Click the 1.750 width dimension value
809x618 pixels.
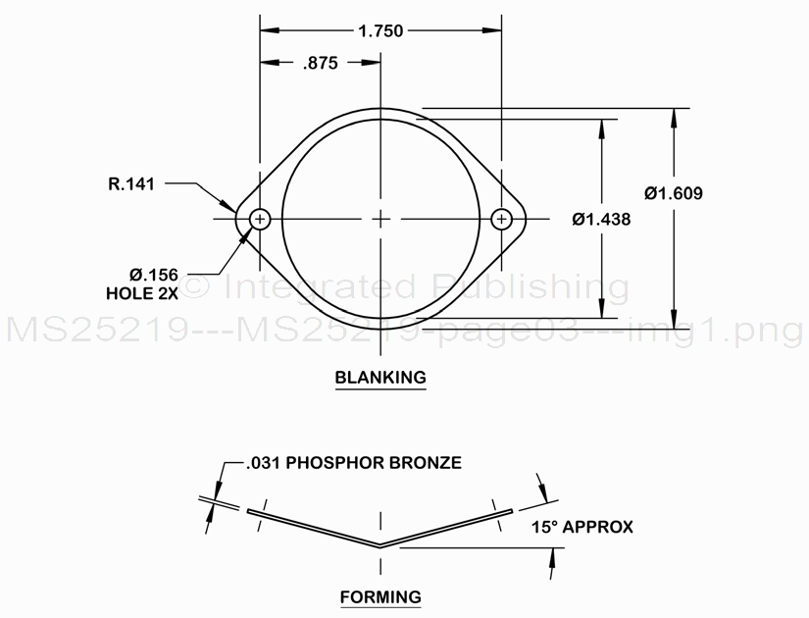pos(381,30)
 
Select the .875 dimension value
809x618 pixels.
pos(320,64)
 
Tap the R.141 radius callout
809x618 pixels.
pos(131,182)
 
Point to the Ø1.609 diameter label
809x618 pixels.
pos(674,193)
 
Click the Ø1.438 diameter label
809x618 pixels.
pos(601,220)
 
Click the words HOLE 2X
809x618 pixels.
pos(140,292)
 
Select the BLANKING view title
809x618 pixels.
pos(380,377)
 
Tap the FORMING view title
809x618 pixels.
pos(380,596)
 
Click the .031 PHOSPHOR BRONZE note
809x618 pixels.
pos(354,462)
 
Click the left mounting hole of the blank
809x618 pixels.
pos(260,219)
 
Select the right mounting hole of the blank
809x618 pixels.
pos(502,219)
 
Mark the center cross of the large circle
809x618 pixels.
pos(381,219)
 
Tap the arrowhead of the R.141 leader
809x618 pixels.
pos(236,208)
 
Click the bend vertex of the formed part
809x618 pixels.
pos(380,545)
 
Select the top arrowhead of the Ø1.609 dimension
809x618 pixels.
pos(674,114)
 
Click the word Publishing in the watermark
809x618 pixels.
pos(531,286)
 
